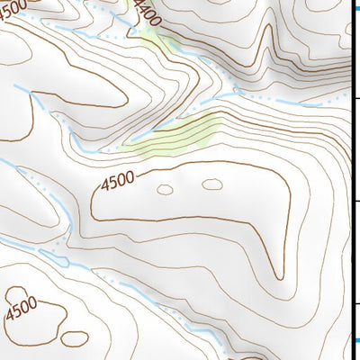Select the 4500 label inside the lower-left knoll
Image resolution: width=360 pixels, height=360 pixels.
22,309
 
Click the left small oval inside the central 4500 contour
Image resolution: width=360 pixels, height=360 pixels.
165,190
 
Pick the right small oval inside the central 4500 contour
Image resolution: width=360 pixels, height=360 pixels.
212,184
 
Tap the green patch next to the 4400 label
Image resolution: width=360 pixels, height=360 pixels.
160,40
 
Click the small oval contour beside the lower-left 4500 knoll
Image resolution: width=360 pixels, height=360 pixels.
75,338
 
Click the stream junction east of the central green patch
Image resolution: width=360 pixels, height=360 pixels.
236,93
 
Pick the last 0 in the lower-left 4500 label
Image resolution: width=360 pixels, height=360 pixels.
33,302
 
